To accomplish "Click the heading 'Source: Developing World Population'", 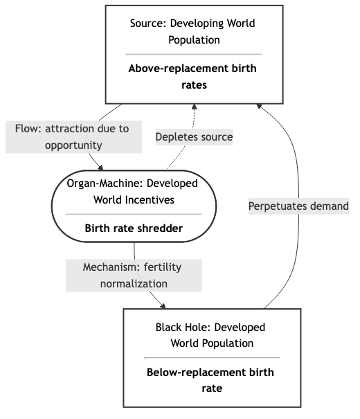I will coord(193,32).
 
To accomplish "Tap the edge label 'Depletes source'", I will coord(194,137).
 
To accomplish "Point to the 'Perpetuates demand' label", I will coord(298,206).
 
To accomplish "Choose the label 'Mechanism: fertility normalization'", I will coord(134,275).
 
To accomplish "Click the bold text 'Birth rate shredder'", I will coord(133,226).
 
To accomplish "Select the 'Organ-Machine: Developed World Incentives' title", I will coord(133,192).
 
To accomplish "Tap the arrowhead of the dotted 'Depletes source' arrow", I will coord(195,107).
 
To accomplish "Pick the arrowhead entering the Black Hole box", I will coord(165,306).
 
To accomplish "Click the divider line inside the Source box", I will coord(193,54).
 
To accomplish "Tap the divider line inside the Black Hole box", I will coord(212,357).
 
